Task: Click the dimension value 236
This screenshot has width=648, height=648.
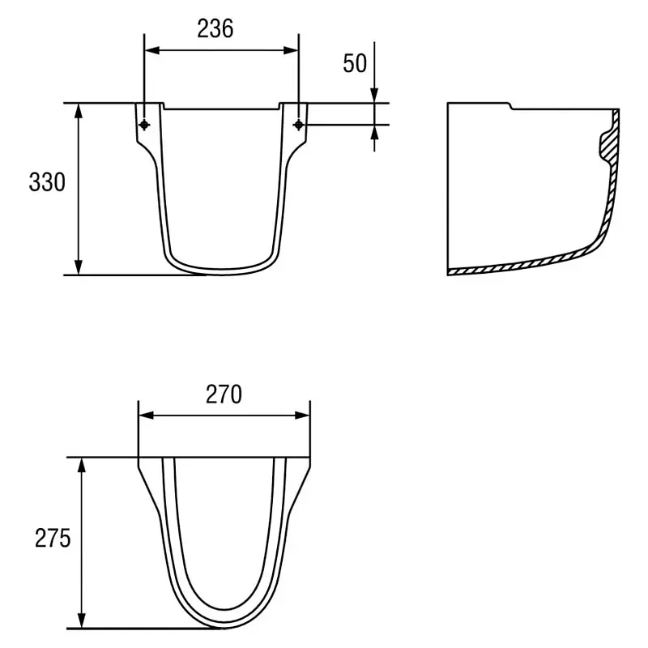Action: point(215,29)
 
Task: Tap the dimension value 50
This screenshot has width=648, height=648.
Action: point(355,63)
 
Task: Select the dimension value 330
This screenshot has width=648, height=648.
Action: point(47,181)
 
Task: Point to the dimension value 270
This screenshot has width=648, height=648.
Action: point(224,394)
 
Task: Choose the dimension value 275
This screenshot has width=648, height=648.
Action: point(53,539)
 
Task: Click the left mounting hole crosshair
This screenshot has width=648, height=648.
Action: point(144,125)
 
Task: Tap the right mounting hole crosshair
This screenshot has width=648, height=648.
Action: point(298,125)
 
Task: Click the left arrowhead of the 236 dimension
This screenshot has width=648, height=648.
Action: point(151,50)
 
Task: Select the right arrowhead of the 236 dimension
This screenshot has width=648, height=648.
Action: point(291,50)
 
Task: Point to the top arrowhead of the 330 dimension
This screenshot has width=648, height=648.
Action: point(79,110)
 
